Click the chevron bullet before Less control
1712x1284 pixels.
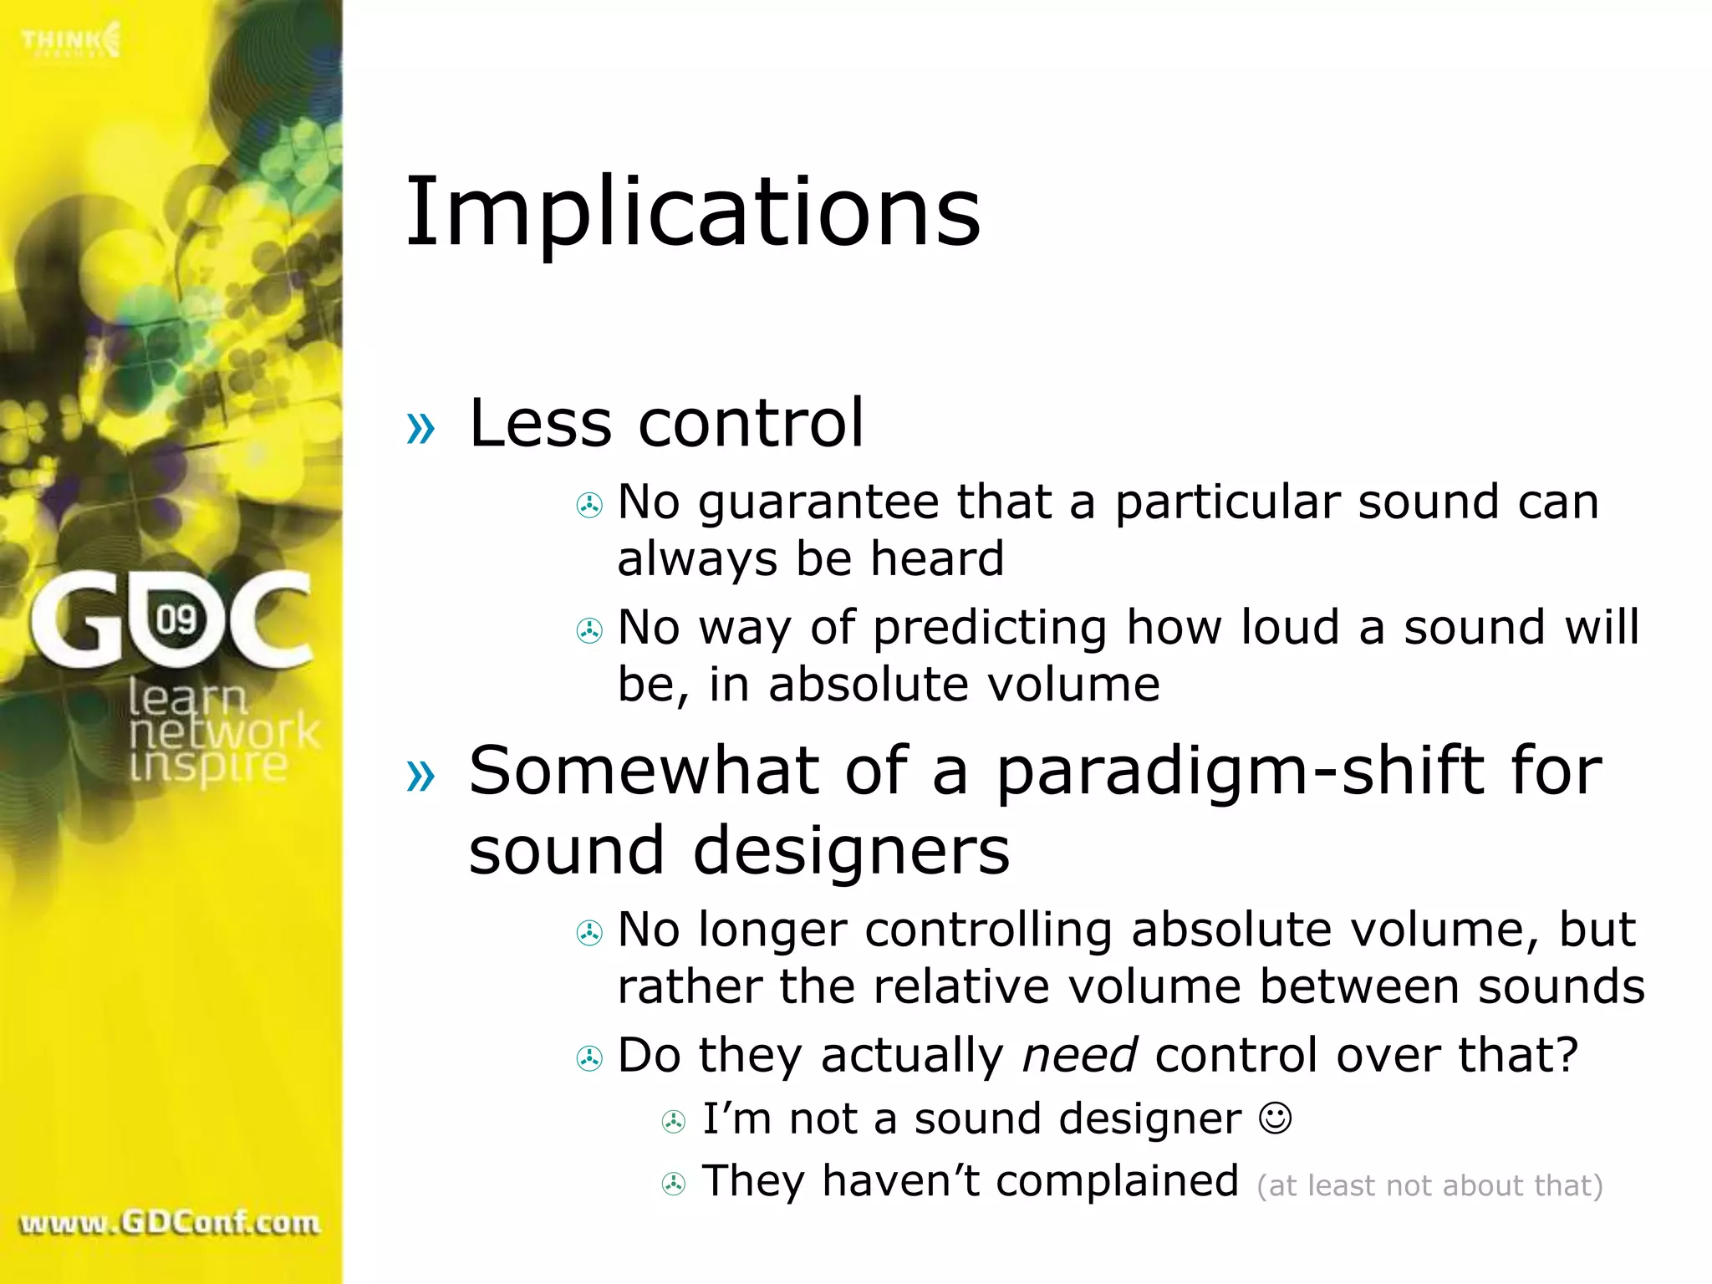pos(420,428)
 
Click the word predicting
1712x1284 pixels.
pos(990,629)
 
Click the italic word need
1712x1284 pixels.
pos(1079,1055)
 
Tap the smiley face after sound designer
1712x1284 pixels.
pos(1275,1118)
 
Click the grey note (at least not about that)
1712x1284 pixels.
pos(1429,1185)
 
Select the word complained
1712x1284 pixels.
pos(1117,1182)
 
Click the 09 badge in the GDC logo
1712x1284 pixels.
pos(176,619)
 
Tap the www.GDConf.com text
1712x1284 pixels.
pos(170,1222)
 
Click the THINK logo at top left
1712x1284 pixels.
pos(71,40)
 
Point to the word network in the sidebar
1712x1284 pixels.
pos(224,731)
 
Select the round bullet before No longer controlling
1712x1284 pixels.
pos(589,933)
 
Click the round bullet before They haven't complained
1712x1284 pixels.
pos(674,1184)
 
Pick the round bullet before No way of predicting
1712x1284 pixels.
pos(589,630)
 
